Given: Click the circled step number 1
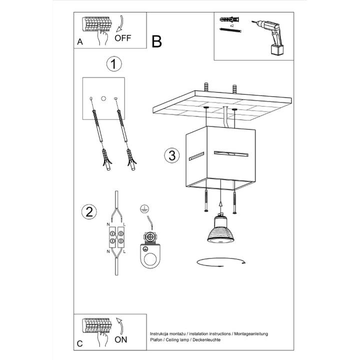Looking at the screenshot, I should (x=114, y=64).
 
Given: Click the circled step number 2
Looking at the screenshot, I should (x=89, y=211).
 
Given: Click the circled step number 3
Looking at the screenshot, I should (x=171, y=155).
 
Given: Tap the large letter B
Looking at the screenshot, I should (x=157, y=41).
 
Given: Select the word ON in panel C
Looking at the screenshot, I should (x=121, y=339).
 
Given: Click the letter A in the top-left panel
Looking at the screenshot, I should (x=80, y=42).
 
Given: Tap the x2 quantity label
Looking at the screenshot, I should (x=232, y=24).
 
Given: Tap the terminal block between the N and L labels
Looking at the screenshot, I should (x=116, y=238).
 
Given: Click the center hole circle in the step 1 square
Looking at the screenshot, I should (x=103, y=98).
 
